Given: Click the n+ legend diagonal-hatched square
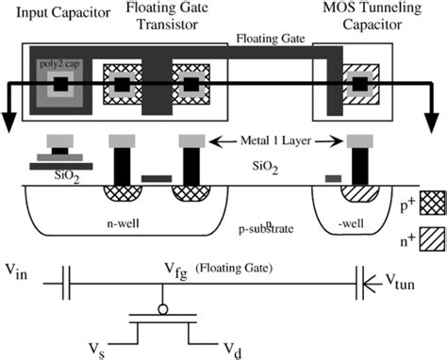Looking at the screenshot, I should click(x=433, y=239).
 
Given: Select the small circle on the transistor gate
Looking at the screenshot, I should click(x=165, y=307).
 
